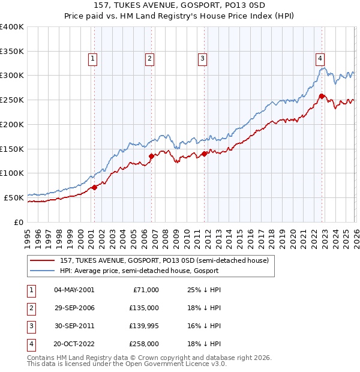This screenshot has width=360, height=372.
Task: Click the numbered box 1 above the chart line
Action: tap(94, 59)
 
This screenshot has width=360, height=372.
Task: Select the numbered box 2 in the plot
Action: tap(149, 59)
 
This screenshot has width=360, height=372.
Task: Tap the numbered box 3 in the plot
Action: tap(203, 59)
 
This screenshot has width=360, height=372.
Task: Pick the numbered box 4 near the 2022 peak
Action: tap(320, 59)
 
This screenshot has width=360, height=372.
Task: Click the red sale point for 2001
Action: tap(94, 187)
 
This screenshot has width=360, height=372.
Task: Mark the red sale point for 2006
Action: tap(151, 156)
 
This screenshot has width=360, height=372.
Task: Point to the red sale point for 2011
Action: tap(205, 154)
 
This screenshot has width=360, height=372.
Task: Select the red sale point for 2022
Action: tap(322, 96)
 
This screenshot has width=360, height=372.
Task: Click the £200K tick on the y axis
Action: tap(12, 124)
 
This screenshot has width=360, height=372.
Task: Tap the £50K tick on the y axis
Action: tap(14, 197)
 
